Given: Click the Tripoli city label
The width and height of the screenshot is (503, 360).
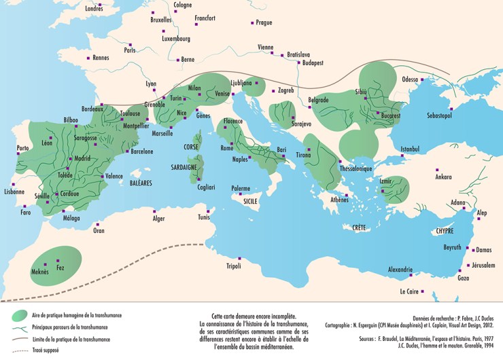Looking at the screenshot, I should tap(235, 266).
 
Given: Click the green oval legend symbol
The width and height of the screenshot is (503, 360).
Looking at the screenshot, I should tap(21, 314).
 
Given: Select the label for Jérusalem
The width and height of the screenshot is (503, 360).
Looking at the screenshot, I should tap(483, 265).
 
